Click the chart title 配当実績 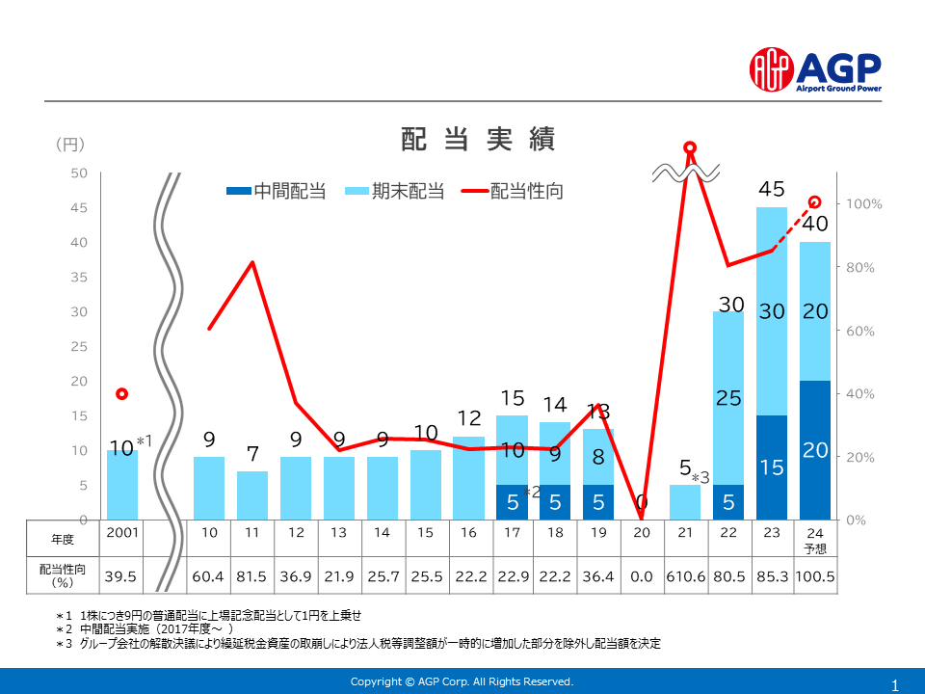point(478,140)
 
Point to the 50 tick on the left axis point(79,173)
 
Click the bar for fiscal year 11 point(251,495)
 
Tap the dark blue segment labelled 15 point(772,467)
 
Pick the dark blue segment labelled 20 point(815,450)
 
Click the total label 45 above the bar point(772,190)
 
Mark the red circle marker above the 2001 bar point(121,394)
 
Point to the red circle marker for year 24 point(815,202)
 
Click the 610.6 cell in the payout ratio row point(685,576)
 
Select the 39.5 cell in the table point(121,576)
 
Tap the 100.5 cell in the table point(815,576)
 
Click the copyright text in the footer point(462,681)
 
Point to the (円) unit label point(69,145)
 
